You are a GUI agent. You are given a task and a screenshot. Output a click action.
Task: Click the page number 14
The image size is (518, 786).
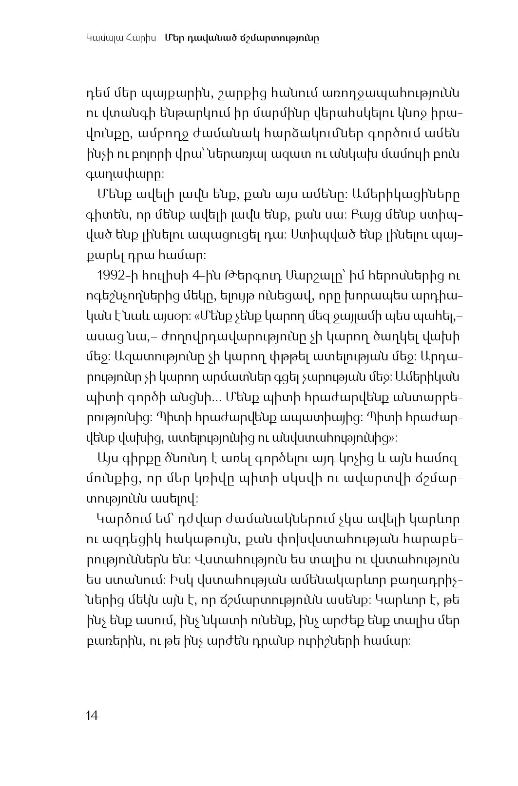pos(92,715)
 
